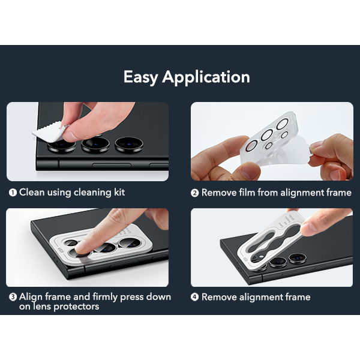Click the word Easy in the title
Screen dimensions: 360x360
[140, 77]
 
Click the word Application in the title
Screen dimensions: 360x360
[206, 77]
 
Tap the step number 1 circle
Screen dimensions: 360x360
[13, 193]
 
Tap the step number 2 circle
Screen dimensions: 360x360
[194, 193]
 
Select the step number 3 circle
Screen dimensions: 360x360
[13, 297]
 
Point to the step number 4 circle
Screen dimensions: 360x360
[194, 297]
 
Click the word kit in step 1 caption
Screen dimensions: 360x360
[119, 192]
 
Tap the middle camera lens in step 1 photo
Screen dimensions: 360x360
[95, 145]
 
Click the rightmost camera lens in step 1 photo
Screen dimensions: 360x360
[129, 145]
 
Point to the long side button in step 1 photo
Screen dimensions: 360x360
[112, 165]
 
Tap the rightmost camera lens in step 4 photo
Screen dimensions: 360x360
[298, 258]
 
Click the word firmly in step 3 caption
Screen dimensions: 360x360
[105, 297]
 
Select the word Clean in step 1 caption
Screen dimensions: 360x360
[32, 192]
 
